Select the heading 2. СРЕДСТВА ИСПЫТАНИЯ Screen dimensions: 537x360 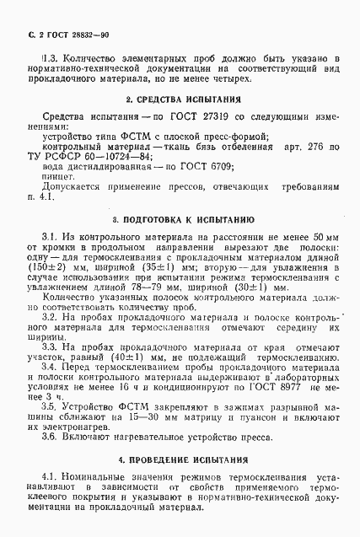(180, 100)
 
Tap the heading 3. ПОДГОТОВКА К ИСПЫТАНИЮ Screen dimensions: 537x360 (180, 217)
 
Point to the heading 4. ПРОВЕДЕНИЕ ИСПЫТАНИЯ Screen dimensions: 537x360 (180, 461)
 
